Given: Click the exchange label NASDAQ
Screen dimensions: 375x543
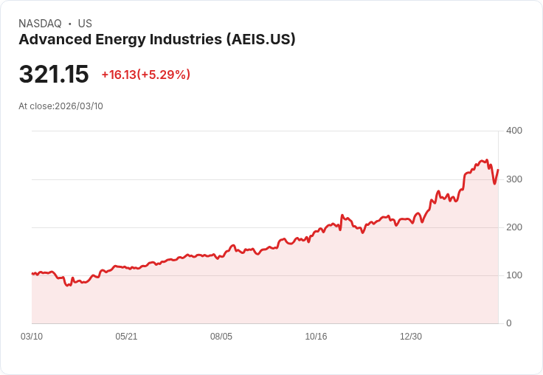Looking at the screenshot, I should click(x=40, y=24).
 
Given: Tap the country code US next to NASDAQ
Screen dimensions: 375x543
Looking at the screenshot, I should click(x=85, y=24).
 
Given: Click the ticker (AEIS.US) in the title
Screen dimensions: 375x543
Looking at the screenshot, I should click(x=260, y=40).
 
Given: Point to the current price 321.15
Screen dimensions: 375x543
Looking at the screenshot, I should click(x=54, y=75).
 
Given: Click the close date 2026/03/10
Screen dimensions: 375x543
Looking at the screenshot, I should click(x=79, y=106).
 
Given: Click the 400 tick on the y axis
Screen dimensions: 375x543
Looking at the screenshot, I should click(x=513, y=131).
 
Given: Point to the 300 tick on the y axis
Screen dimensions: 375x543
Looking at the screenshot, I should click(x=513, y=179).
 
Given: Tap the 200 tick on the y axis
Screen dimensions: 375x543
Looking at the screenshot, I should click(x=513, y=227).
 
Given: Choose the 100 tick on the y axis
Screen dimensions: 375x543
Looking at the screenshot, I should click(x=513, y=275).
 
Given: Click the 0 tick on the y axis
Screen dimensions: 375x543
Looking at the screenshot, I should click(x=508, y=323).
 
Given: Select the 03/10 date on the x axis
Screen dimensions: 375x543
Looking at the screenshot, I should click(x=32, y=337).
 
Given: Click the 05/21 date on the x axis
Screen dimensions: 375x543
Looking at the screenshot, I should click(x=126, y=337).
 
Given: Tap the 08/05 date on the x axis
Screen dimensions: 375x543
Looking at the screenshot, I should click(x=221, y=337).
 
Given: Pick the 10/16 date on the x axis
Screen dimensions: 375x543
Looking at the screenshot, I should click(x=316, y=337).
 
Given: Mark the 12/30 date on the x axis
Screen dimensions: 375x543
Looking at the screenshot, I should click(x=411, y=337).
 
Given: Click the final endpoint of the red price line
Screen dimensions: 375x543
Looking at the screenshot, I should click(x=498, y=170).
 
